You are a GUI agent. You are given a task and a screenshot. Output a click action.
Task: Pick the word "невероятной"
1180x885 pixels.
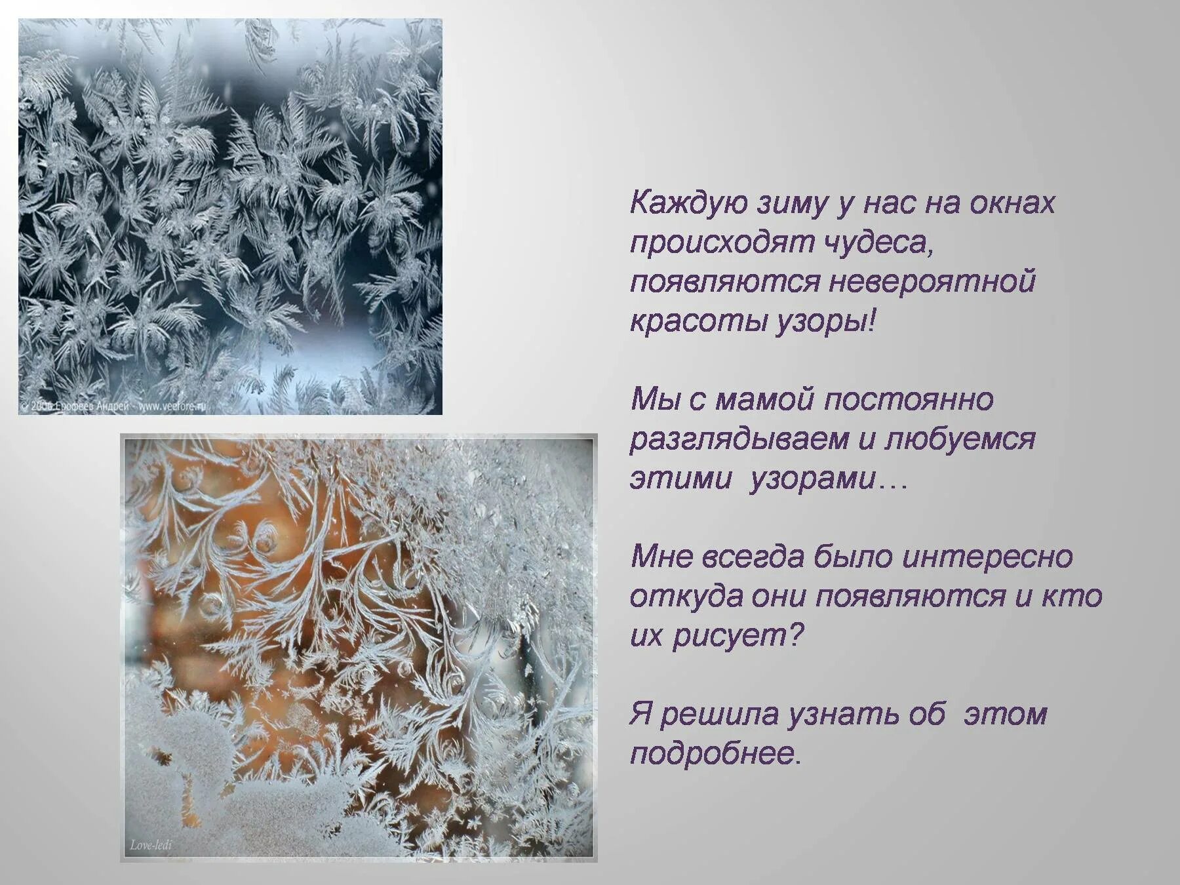932,283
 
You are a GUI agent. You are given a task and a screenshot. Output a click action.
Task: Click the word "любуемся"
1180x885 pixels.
960,439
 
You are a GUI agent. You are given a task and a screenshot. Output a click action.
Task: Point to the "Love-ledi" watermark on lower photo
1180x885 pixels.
151,845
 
